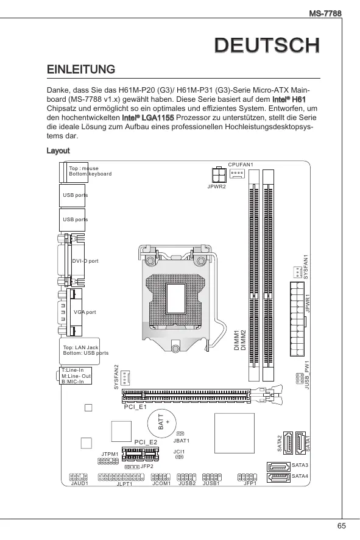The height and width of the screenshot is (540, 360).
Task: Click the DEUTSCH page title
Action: tap(267, 46)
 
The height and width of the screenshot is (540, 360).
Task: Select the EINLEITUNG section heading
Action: tap(81, 69)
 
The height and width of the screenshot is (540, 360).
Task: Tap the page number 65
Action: tap(341, 526)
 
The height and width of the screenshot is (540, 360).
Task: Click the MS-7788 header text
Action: tap(325, 13)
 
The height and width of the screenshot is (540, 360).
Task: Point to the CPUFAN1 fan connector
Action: tap(237, 173)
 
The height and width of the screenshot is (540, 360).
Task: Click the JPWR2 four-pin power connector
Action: tap(219, 174)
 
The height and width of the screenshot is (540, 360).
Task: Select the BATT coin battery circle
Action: tap(162, 423)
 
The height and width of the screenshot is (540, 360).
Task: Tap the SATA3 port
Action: tap(278, 467)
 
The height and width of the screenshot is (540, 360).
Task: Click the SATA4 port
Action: tap(278, 478)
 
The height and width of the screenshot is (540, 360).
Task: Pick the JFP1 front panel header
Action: tap(247, 477)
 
